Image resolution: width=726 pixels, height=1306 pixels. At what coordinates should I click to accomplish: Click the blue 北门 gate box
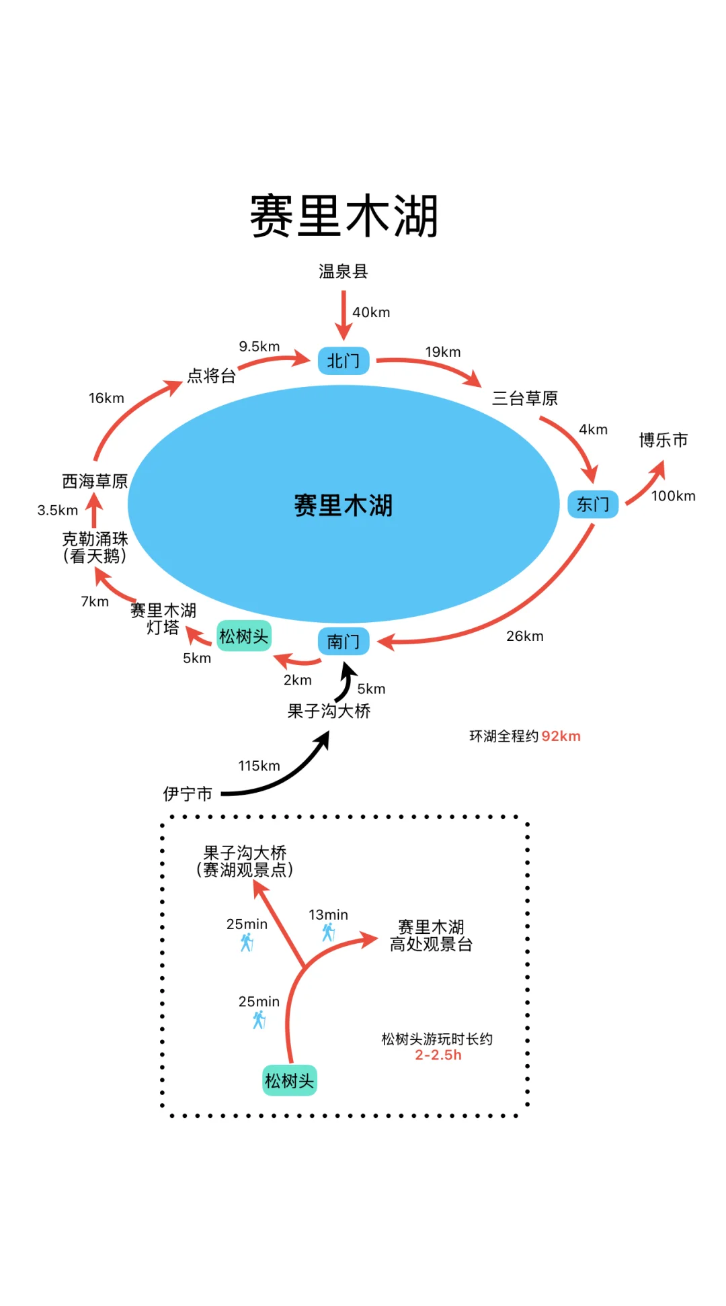coord(344,361)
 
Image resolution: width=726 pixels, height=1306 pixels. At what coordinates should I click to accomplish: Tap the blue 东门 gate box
coord(593,504)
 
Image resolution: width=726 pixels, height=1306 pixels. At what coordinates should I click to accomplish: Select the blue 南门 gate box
coord(344,642)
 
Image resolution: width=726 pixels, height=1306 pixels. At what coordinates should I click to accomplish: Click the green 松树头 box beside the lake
coord(244,636)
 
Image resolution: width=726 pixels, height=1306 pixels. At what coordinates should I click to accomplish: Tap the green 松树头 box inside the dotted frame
coord(289,1080)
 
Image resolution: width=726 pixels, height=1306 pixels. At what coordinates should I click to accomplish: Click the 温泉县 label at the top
coord(343,271)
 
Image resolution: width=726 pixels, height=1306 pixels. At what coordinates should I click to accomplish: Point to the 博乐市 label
coord(663,440)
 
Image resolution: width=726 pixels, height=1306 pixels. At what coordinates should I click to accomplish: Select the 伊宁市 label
coord(188,794)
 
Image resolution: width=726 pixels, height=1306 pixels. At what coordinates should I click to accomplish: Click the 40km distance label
coord(371,312)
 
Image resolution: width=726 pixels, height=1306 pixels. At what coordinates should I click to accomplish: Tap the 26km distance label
coord(524,636)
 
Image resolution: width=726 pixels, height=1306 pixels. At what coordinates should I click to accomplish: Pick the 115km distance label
coord(259,765)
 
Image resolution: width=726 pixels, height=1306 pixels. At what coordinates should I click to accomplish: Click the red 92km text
coord(561,736)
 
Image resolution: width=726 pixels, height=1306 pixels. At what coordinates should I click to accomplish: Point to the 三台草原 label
coord(525,398)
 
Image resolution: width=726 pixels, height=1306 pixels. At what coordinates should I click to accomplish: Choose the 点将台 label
coord(211,376)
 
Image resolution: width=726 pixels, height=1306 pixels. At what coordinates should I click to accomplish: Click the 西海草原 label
coord(95,481)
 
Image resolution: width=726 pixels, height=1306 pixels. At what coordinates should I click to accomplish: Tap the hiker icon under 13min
coord(328,932)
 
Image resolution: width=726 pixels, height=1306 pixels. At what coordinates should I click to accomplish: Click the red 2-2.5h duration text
coord(438,1055)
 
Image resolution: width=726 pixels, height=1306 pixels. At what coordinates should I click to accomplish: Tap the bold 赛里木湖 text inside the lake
coord(344,505)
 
